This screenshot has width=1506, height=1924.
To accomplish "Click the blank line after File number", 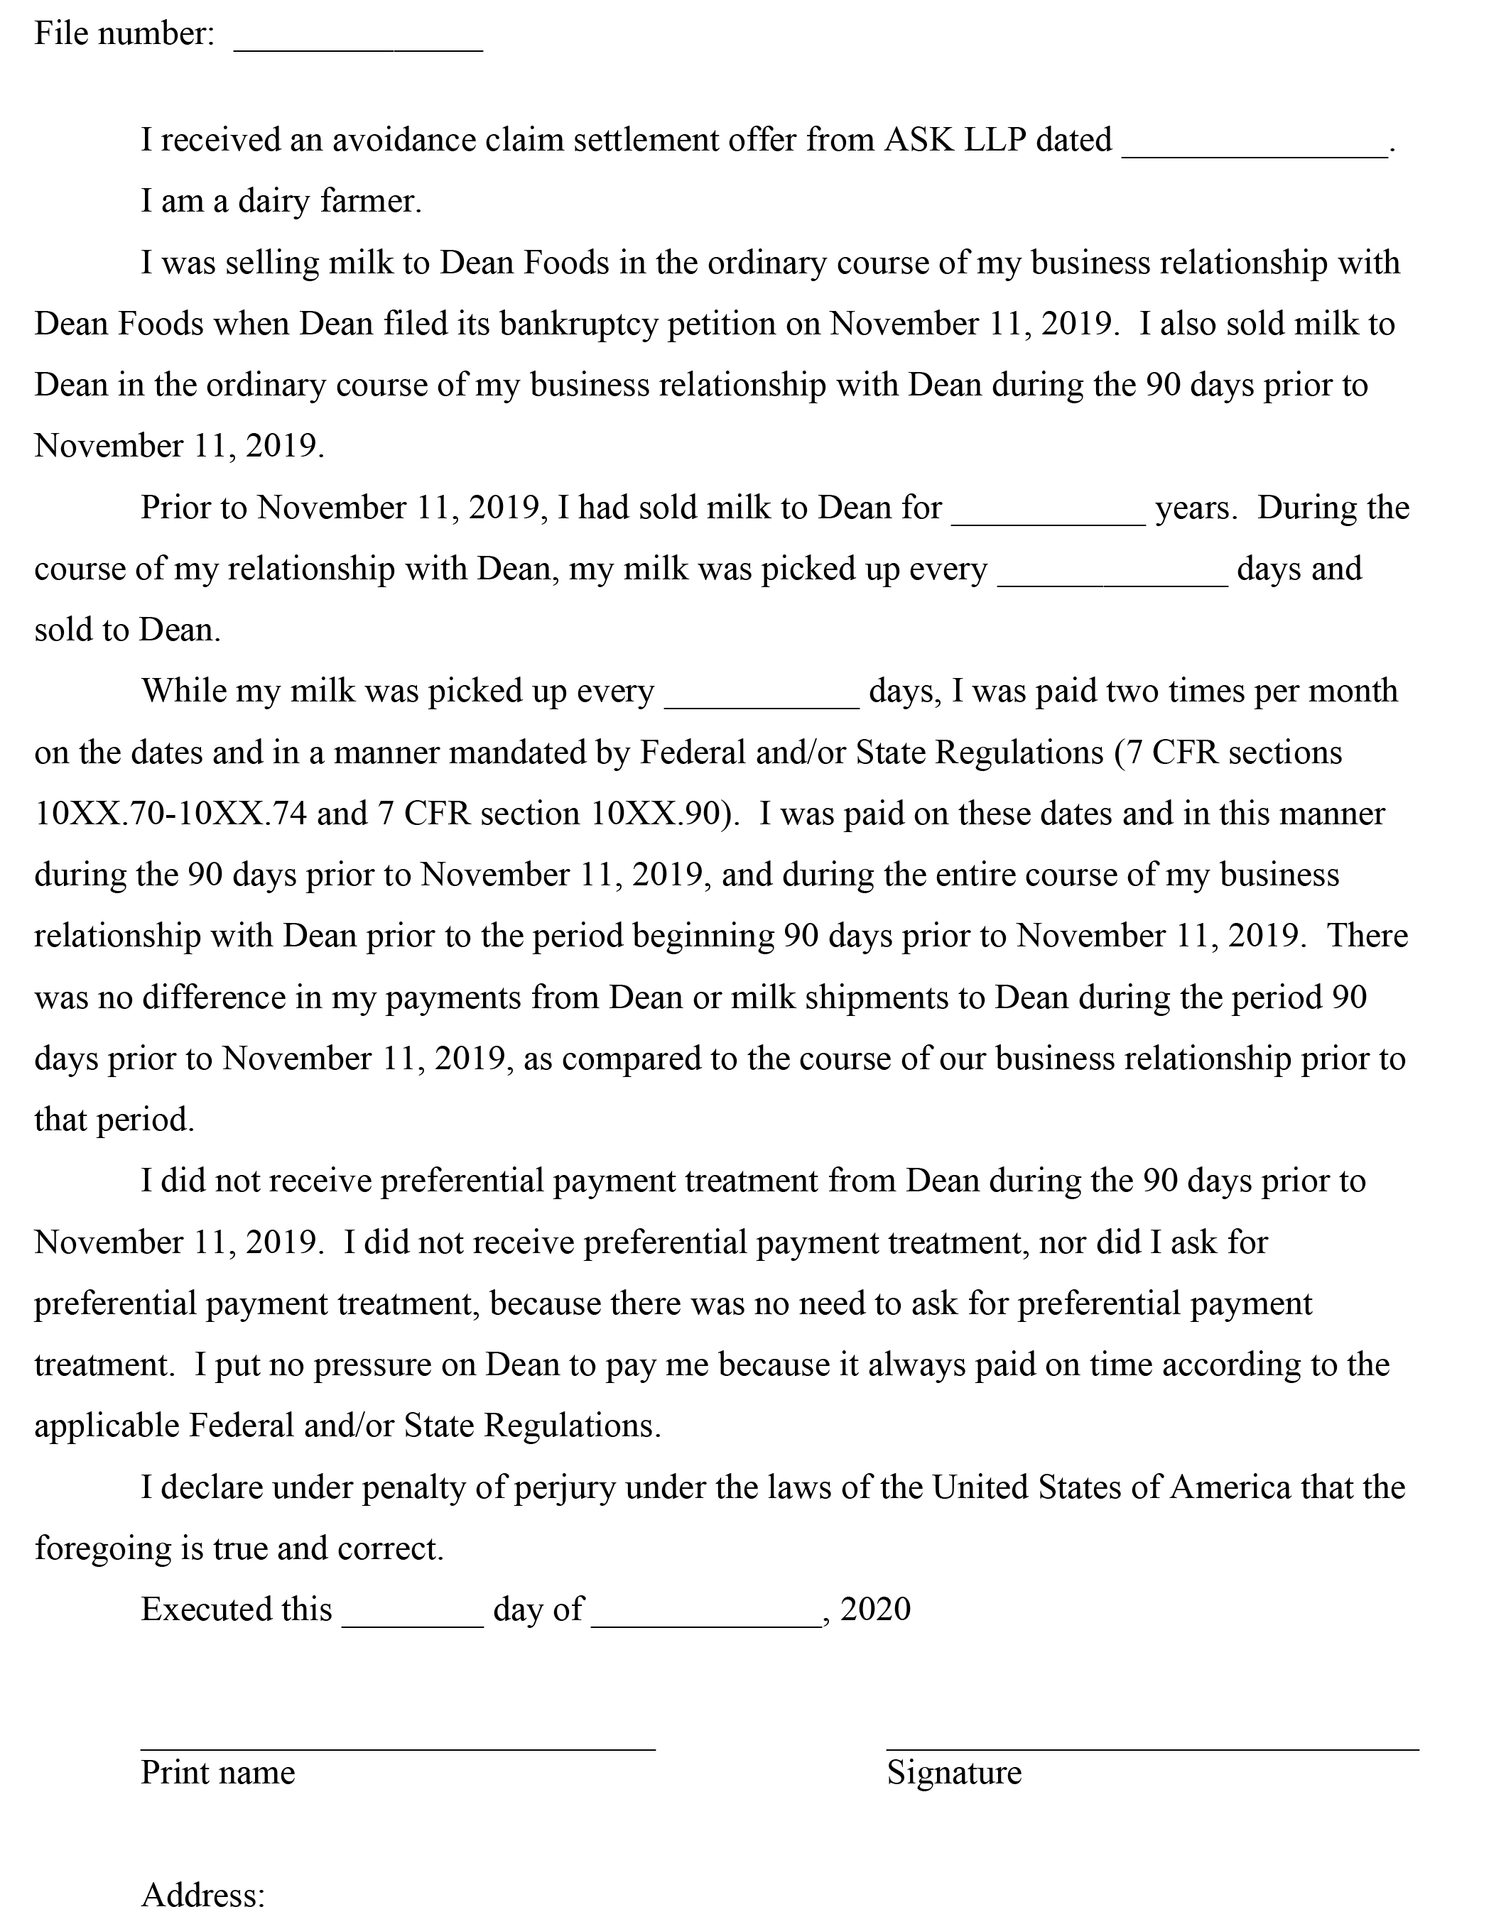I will click(x=358, y=44).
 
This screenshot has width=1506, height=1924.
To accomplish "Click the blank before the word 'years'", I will click(x=1048, y=518).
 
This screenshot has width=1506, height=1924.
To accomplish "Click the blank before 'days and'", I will click(x=1112, y=578).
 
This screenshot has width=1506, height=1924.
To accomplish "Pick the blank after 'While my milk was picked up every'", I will click(x=761, y=701).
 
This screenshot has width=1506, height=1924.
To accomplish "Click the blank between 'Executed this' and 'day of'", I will click(x=413, y=1619).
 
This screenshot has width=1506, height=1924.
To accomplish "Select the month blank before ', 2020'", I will click(x=706, y=1619).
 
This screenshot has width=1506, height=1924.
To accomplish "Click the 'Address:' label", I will click(x=202, y=1894).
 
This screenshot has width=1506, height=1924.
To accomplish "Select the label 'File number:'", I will click(x=124, y=34).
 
